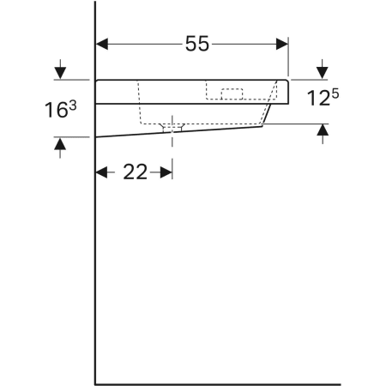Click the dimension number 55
[196, 45]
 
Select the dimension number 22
[135, 172]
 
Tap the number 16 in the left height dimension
[56, 109]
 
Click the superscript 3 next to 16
[71, 104]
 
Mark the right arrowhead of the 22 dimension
[166, 172]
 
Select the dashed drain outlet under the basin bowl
[172, 127]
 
